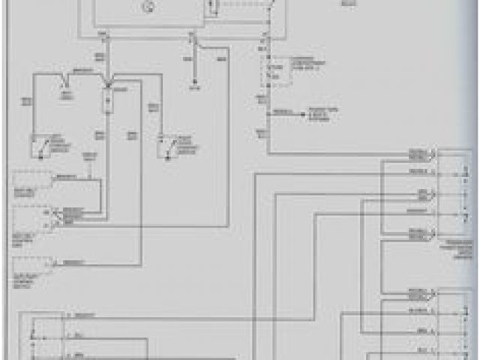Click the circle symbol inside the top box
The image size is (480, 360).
(148, 7)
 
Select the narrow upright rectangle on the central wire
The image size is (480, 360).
(108, 101)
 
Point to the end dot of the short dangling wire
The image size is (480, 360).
(193, 85)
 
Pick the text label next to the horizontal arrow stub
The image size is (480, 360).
(323, 112)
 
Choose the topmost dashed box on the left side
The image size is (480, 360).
(31, 180)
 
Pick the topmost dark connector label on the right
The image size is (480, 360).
(417, 154)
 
